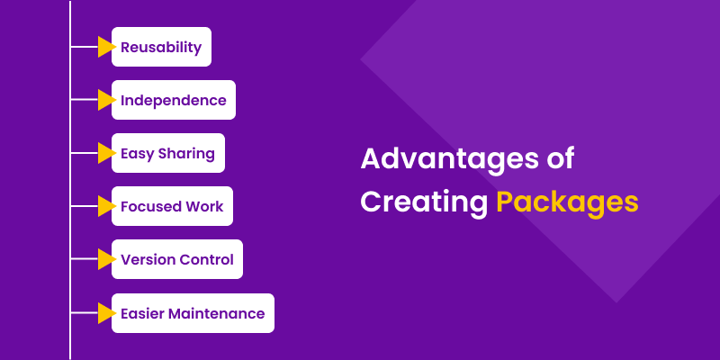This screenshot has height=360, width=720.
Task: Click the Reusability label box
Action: point(161,47)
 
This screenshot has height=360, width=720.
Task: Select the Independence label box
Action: point(173,100)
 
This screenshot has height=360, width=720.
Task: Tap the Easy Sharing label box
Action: point(167,153)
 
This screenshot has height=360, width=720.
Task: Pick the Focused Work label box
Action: point(172,206)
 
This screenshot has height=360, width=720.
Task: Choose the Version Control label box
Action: point(176,259)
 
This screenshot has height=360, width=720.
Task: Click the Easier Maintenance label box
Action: point(192,313)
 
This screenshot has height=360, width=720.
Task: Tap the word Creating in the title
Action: point(423,201)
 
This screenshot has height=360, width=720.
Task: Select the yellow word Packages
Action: point(567,202)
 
